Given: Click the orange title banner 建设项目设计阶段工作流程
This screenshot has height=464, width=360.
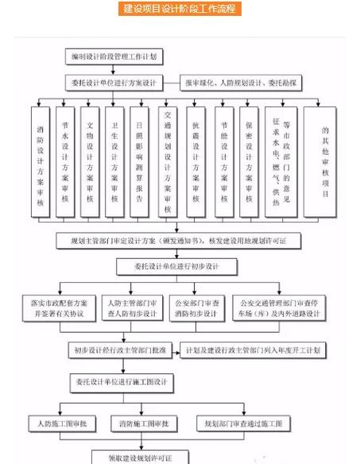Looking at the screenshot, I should (180, 10).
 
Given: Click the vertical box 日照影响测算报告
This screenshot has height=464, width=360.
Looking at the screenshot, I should (139, 161).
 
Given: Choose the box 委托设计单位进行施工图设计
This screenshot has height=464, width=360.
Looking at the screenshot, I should (122, 381).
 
